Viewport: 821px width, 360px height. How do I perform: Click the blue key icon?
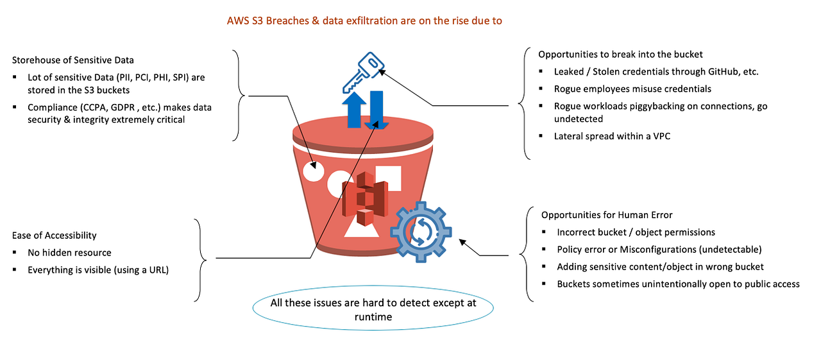[x=362, y=72]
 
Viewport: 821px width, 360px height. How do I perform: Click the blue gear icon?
[x=421, y=232]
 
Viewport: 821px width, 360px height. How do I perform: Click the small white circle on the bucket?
[x=313, y=170]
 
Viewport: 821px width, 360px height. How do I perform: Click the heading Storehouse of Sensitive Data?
[x=73, y=60]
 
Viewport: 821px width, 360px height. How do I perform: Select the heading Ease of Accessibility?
[x=55, y=236]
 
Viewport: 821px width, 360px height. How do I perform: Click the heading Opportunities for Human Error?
[x=607, y=214]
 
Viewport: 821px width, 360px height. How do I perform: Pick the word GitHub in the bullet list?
[x=718, y=72]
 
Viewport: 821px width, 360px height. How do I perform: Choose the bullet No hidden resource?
[x=69, y=253]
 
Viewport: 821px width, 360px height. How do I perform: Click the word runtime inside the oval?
[x=373, y=317]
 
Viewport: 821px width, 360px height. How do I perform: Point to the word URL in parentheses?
[x=153, y=270]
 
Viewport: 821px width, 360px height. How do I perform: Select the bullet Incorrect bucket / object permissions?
[x=636, y=232]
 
